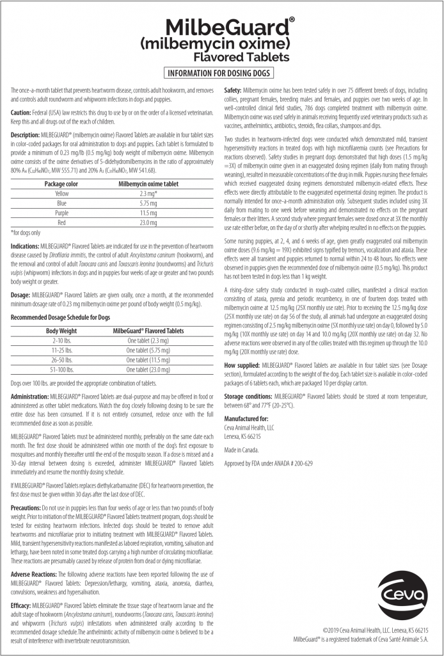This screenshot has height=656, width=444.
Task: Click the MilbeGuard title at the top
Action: [221, 27]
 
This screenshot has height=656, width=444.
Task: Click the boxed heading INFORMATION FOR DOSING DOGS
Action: [221, 72]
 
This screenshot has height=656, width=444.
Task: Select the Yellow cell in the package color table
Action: [62, 193]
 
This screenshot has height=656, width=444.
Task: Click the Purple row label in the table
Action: [62, 212]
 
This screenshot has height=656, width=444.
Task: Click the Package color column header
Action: [62, 183]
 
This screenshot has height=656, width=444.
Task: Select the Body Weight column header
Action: [62, 331]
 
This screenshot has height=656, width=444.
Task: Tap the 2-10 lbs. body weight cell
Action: [62, 340]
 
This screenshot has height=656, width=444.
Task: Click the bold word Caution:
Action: [21, 112]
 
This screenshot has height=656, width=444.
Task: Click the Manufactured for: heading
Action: [246, 418]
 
